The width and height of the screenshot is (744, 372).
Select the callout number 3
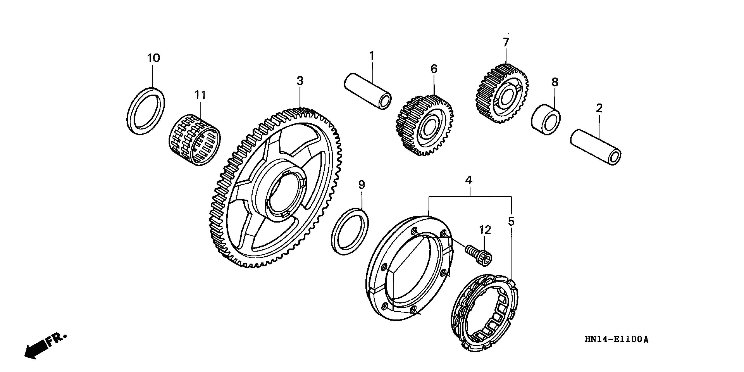[x=300, y=81]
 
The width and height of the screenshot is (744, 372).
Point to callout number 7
[x=505, y=43]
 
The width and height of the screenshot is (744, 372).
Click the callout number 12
[x=485, y=230]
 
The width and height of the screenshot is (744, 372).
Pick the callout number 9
[x=362, y=185]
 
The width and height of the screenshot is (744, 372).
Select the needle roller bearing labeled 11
[x=194, y=140]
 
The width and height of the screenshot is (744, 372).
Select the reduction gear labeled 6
[x=425, y=126]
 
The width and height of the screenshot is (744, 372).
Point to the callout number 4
[x=469, y=181]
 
